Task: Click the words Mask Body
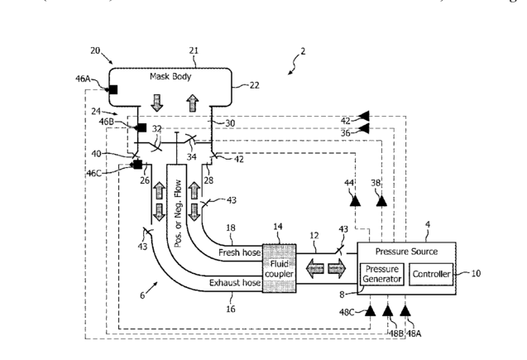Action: (x=170, y=76)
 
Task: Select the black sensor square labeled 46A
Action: (x=112, y=89)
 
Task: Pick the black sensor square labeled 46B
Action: (x=141, y=127)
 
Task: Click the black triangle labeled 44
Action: (x=354, y=199)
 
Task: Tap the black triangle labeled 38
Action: (x=381, y=199)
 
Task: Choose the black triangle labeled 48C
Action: (x=369, y=312)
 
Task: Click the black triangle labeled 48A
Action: (x=405, y=312)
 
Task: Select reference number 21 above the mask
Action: (x=194, y=51)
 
